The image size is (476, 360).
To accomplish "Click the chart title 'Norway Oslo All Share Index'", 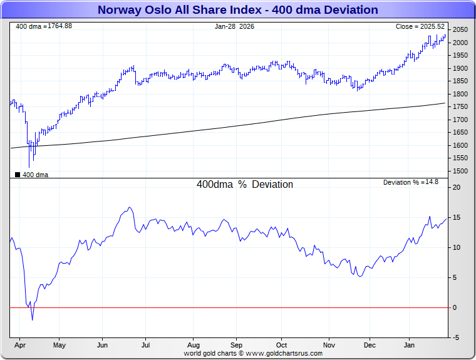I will coord(237,10).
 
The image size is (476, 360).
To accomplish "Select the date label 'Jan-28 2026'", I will coord(234,26).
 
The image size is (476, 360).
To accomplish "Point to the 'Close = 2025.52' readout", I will coord(420,26).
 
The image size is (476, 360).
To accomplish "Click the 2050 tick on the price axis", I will coord(460,29).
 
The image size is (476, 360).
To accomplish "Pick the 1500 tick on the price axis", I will coord(460,171).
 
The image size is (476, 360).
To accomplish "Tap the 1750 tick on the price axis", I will coord(460,106).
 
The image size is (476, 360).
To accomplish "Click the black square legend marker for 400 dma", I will coord(17,175).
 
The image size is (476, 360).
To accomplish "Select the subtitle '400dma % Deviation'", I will coord(244,185).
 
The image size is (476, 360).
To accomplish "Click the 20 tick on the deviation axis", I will coord(457,187).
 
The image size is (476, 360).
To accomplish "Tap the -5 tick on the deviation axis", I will coord(457,337).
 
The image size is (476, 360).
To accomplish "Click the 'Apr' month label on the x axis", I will coord(20,345).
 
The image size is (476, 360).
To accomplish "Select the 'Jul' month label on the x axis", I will coord(145,345).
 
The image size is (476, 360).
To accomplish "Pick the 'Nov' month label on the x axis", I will coord(329,345).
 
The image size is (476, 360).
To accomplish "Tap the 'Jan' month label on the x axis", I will coord(409,345).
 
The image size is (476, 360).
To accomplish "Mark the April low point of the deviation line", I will coord(32,320).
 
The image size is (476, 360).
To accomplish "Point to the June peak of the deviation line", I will coord(130,207).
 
